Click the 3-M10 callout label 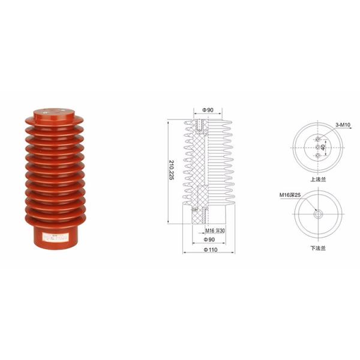pos(343,125)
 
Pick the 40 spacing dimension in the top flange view pos(322,146)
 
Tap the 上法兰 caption pos(319,178)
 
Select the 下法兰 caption pos(319,246)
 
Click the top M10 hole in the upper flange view pos(319,137)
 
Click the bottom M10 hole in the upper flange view pos(319,156)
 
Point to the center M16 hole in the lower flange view pos(319,214)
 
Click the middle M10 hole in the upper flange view pos(319,146)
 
